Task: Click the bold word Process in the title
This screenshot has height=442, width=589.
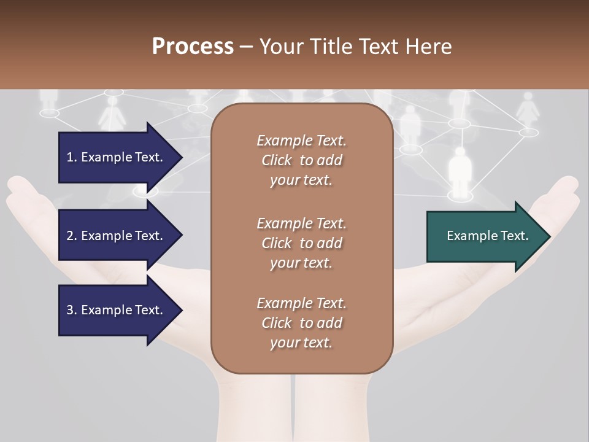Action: (x=193, y=46)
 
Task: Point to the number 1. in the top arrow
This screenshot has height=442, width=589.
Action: (x=72, y=157)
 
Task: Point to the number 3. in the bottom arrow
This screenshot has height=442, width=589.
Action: (x=72, y=310)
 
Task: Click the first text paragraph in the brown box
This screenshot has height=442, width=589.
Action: (x=301, y=160)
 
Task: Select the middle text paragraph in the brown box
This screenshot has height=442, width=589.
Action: (x=301, y=242)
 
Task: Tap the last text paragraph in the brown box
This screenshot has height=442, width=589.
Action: (x=301, y=323)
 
